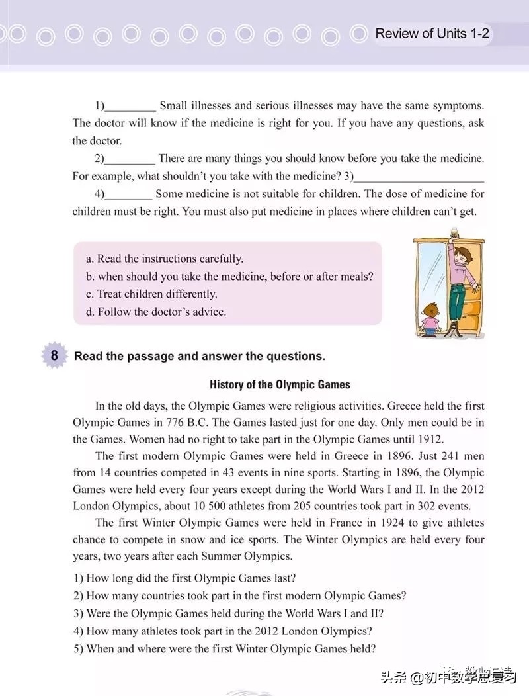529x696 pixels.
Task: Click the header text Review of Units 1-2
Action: coord(432,34)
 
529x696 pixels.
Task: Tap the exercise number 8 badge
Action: coord(54,356)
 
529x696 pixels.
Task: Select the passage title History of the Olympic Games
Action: coord(280,384)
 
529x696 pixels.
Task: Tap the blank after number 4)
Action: coord(129,195)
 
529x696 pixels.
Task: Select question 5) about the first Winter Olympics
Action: coord(224,648)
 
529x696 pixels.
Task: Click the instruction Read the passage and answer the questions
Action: coord(200,356)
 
